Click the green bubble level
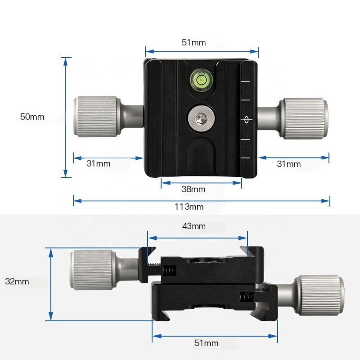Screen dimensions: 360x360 coord(201,80)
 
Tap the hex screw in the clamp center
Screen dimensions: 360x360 coord(201,118)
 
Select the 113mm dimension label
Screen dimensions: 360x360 coord(189,207)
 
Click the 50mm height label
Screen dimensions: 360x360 coord(32,117)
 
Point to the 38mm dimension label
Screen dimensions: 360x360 coord(193,189)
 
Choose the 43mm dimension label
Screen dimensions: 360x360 coord(194,226)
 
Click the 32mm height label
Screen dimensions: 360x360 coord(17,281)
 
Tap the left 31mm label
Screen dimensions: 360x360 coord(98,164)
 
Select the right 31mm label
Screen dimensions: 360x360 coord(288,164)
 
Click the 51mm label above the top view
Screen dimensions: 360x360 coord(193,42)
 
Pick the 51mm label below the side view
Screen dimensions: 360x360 coord(206,343)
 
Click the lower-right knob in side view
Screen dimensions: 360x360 coord(319,295)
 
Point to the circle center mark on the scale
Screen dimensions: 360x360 coord(246,120)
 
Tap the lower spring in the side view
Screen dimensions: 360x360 coord(247,297)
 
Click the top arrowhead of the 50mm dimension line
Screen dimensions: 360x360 coord(66,61)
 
